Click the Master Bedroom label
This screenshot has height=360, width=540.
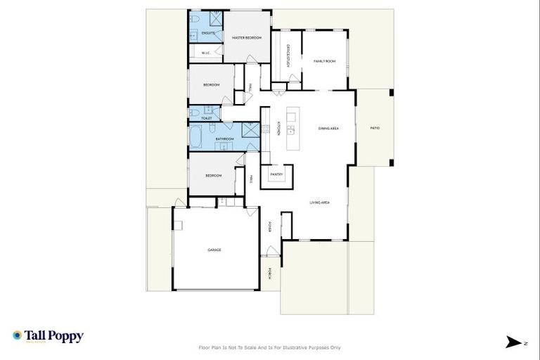[x=242, y=38]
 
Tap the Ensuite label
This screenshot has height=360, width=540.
[x=208, y=33]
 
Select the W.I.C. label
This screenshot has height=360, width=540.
[x=206, y=53]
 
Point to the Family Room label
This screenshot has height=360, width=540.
[x=324, y=61]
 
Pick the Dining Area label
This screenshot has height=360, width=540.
[x=329, y=129]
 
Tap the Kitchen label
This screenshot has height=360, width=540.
[x=279, y=129]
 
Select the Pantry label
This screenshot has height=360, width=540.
[x=276, y=174]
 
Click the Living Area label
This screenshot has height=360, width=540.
[x=320, y=202]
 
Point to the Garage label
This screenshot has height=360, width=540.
[x=214, y=250]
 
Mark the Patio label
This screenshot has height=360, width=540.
[x=375, y=128]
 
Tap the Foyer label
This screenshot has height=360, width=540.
[x=270, y=226]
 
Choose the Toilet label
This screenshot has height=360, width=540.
[x=207, y=118]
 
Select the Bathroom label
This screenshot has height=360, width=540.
[x=224, y=139]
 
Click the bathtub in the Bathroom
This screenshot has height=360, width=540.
[x=195, y=136]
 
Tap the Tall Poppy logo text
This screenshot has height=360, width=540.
[x=53, y=336]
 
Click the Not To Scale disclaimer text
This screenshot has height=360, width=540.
[x=270, y=347]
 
